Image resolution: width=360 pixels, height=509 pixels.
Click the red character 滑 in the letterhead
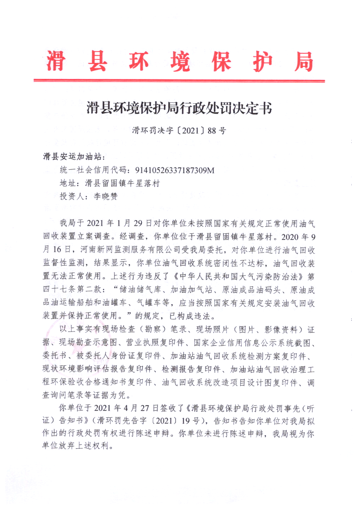point(57,62)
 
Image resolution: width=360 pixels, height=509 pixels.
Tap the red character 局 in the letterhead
point(302,62)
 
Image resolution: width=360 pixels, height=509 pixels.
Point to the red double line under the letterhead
point(179,81)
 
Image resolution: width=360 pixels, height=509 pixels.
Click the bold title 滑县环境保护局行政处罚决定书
point(179,108)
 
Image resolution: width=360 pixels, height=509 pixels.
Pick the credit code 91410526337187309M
point(175,170)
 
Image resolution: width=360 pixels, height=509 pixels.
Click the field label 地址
point(68,183)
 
